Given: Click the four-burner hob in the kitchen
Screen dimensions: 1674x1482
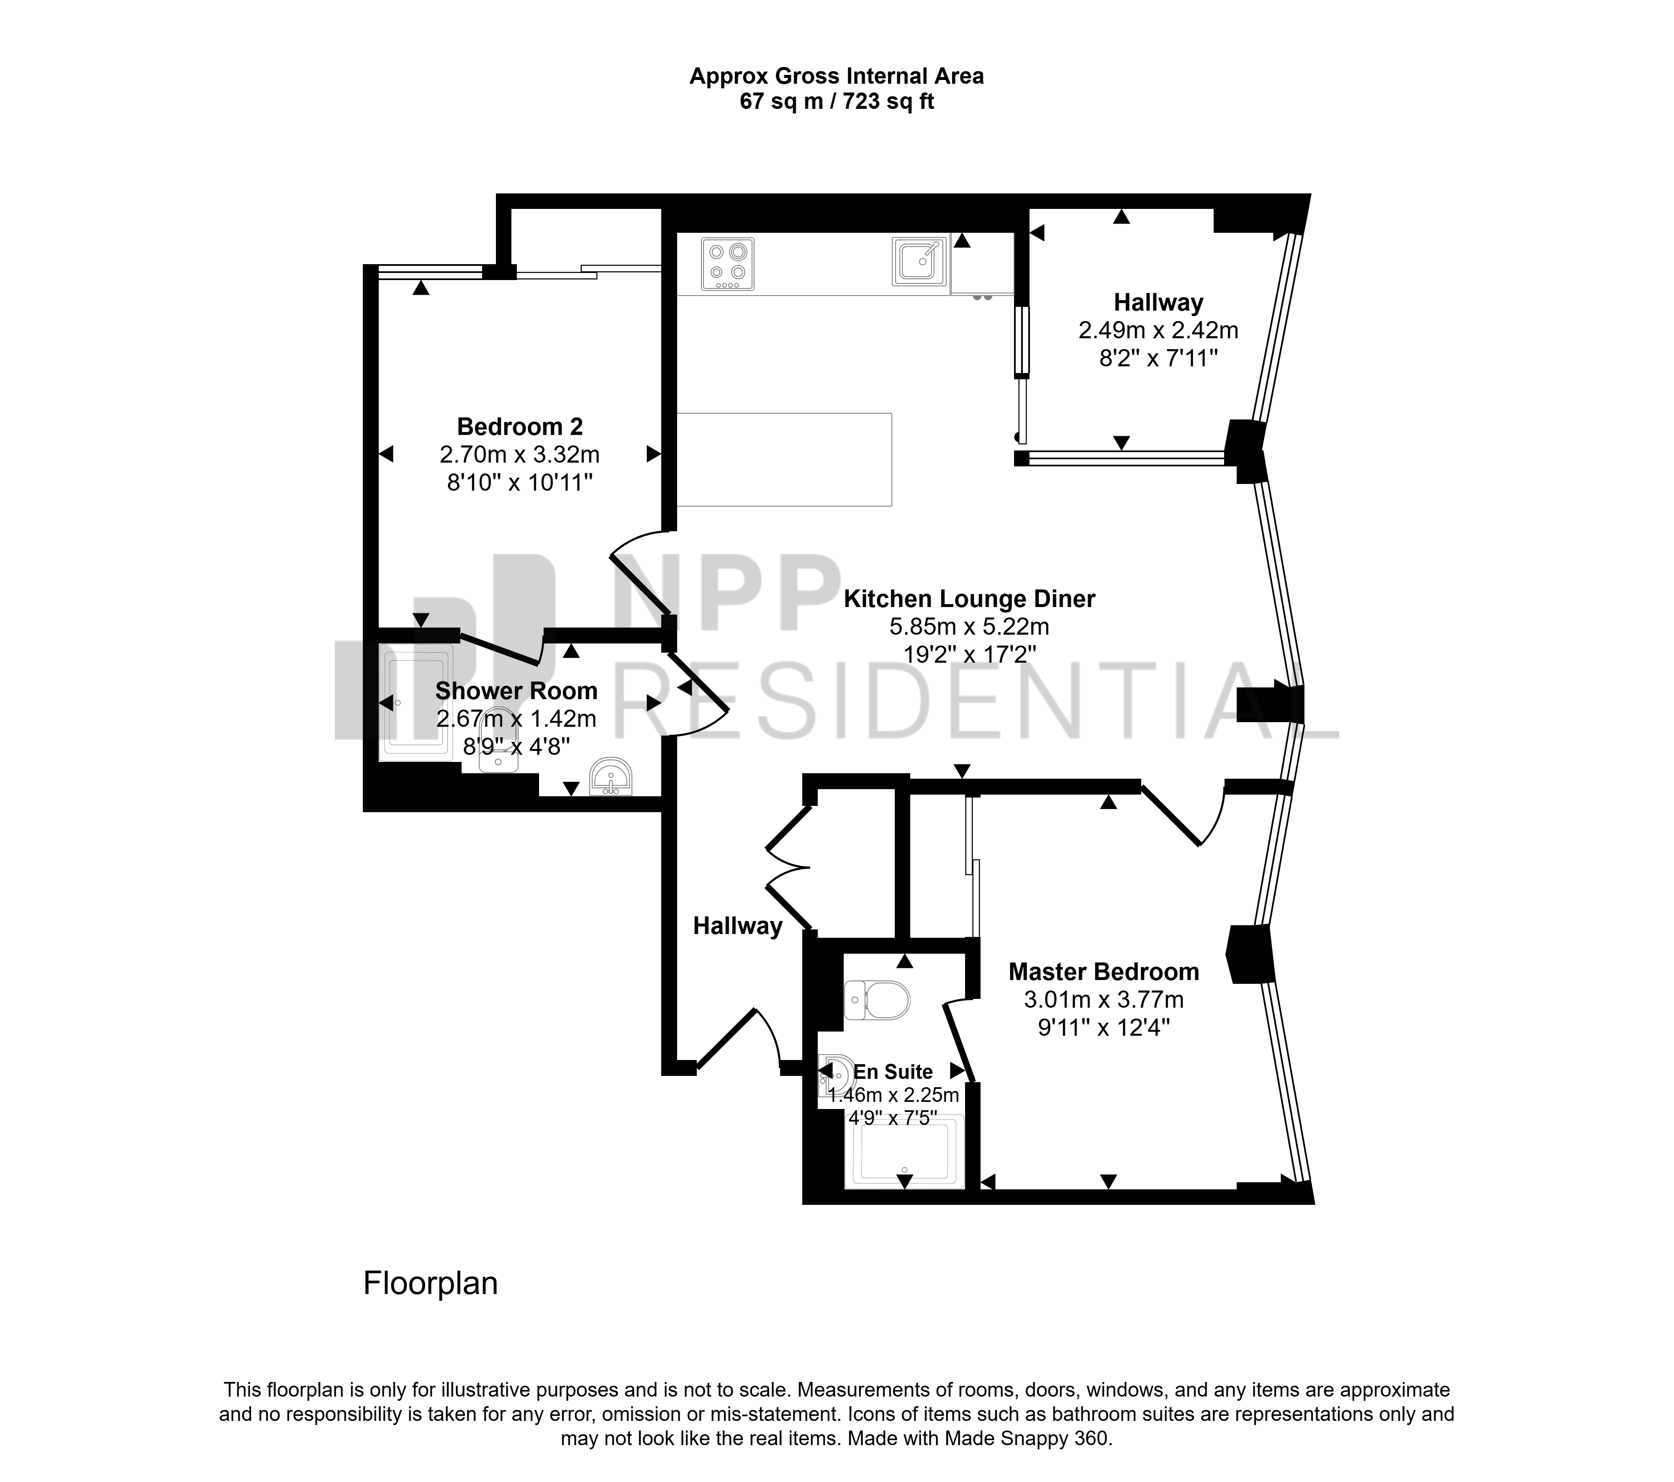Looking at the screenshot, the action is pyautogui.click(x=727, y=264).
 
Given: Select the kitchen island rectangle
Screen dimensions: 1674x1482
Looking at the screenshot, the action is pyautogui.click(x=784, y=460).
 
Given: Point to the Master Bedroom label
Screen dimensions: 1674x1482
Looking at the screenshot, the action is pyautogui.click(x=1103, y=972).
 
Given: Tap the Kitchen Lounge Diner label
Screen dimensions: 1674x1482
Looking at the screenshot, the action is pyautogui.click(x=969, y=599).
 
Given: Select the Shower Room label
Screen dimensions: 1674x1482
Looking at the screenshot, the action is pyautogui.click(x=516, y=691).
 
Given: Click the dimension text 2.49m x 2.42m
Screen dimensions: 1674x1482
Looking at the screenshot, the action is pyautogui.click(x=1158, y=330).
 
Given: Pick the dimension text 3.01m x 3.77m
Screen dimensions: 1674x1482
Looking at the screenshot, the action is pyautogui.click(x=1103, y=999).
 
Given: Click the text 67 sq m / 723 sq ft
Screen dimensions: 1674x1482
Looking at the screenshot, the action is pyautogui.click(x=836, y=102).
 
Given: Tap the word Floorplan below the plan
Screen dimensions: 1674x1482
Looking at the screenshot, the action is pyautogui.click(x=430, y=1283).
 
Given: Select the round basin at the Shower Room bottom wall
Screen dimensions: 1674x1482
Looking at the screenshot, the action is pyautogui.click(x=610, y=776).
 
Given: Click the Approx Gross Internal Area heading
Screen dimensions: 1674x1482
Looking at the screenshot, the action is pyautogui.click(x=836, y=76).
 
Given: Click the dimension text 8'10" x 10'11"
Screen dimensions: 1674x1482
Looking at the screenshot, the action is pyautogui.click(x=519, y=483).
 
